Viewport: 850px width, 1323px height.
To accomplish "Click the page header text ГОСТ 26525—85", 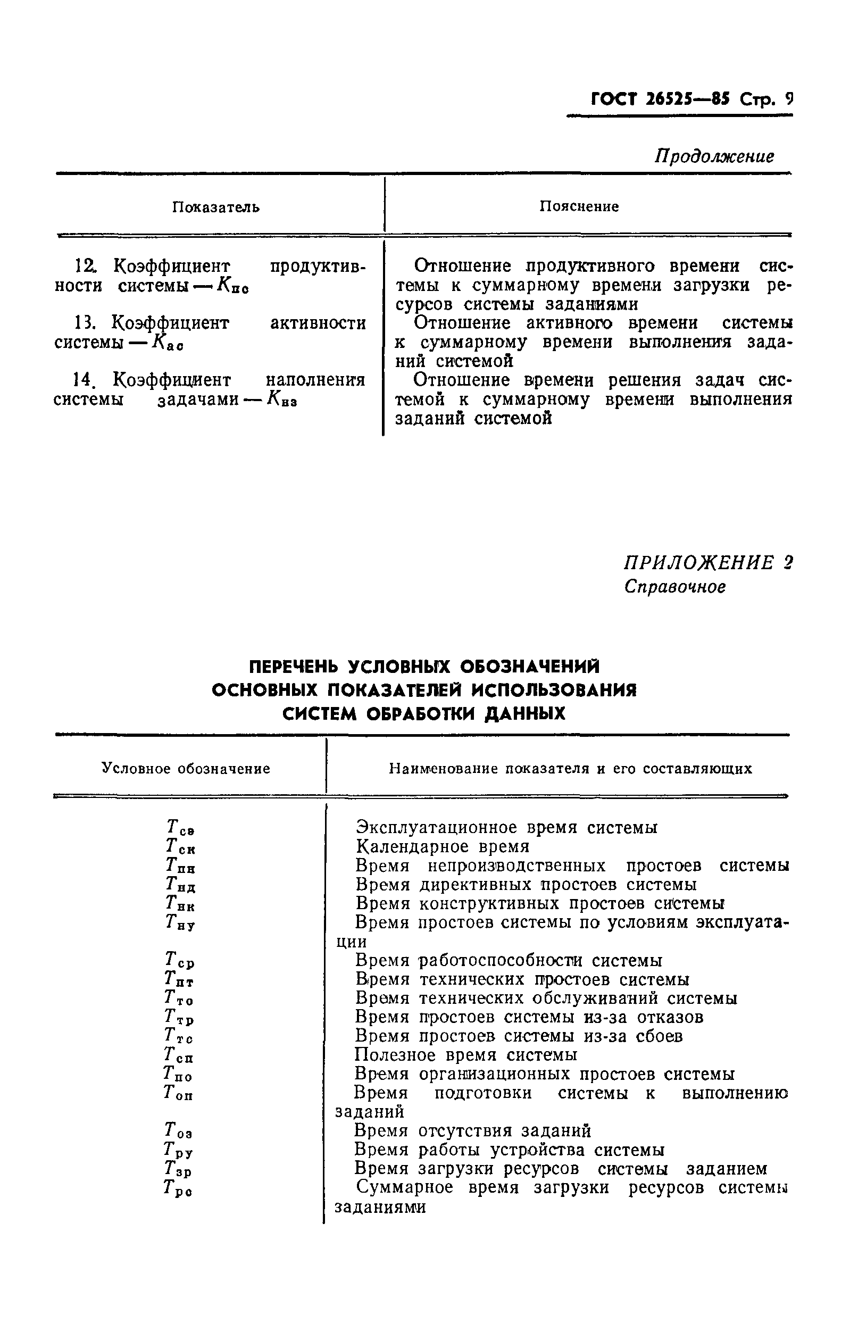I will tap(660, 99).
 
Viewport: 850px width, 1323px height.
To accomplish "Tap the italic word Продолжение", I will tap(714, 156).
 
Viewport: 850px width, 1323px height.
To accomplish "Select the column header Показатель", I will tap(216, 207).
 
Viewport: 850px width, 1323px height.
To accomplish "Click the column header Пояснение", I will tap(579, 206).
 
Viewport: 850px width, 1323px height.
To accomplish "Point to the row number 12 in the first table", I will tap(85, 267).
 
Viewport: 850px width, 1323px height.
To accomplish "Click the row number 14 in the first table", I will tap(83, 380).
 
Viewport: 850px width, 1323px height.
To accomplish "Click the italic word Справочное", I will tap(675, 586).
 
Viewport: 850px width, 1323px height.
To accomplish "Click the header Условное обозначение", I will tap(186, 769).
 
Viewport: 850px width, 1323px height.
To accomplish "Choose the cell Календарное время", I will tap(443, 847).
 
